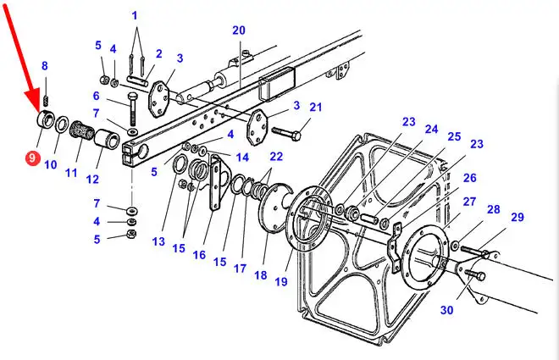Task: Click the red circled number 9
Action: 32,157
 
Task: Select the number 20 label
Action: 239,30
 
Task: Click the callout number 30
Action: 446,310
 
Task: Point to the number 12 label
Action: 92,179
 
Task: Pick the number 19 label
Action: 281,281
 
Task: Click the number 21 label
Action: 316,107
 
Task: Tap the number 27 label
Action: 469,202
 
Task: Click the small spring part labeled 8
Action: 46,101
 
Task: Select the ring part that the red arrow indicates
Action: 46,120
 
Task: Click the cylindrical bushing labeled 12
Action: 107,139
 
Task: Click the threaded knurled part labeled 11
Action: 81,130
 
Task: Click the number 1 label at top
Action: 135,16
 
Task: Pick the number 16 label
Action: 199,254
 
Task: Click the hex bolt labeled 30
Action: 475,275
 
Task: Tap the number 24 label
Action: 431,129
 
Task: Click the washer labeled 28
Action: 455,246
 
